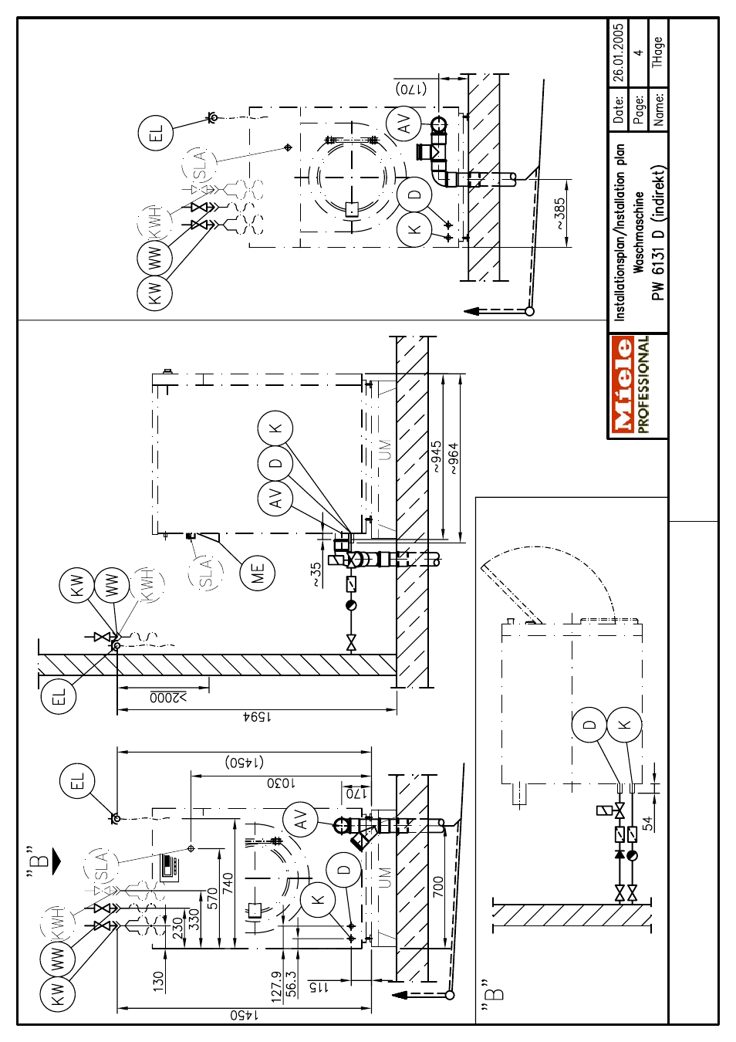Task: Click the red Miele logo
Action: pos(623,386)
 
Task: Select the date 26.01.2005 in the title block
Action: pos(620,52)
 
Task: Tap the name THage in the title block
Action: pos(658,52)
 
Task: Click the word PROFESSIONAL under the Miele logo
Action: pos(643,386)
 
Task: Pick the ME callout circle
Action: pos(257,573)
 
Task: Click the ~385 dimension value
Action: pos(560,214)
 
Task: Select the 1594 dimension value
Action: pos(257,717)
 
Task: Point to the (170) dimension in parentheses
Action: pos(410,89)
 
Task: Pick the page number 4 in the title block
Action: pos(639,52)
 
